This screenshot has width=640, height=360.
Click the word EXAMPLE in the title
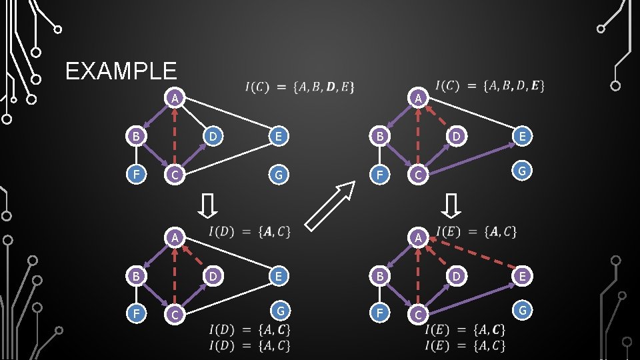click(121, 71)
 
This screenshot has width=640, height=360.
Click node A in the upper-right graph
click(417, 98)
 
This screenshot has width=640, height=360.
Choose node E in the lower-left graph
click(279, 275)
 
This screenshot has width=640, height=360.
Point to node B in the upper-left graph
click(135, 137)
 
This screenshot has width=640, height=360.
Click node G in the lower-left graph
click(281, 310)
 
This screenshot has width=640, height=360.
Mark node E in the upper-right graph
click(523, 137)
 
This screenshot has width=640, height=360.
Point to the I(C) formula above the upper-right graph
click(489, 85)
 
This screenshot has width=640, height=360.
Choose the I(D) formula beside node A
click(249, 232)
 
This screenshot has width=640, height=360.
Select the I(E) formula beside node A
click(476, 232)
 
